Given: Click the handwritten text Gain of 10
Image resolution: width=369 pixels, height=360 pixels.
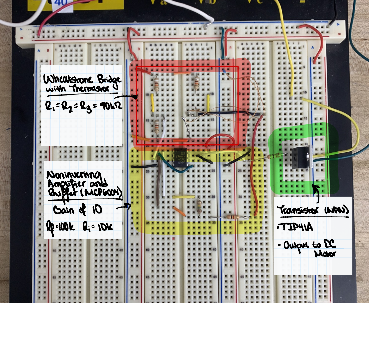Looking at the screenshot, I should [77, 210].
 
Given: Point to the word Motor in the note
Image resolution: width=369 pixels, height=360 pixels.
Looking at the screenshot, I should [325, 254].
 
